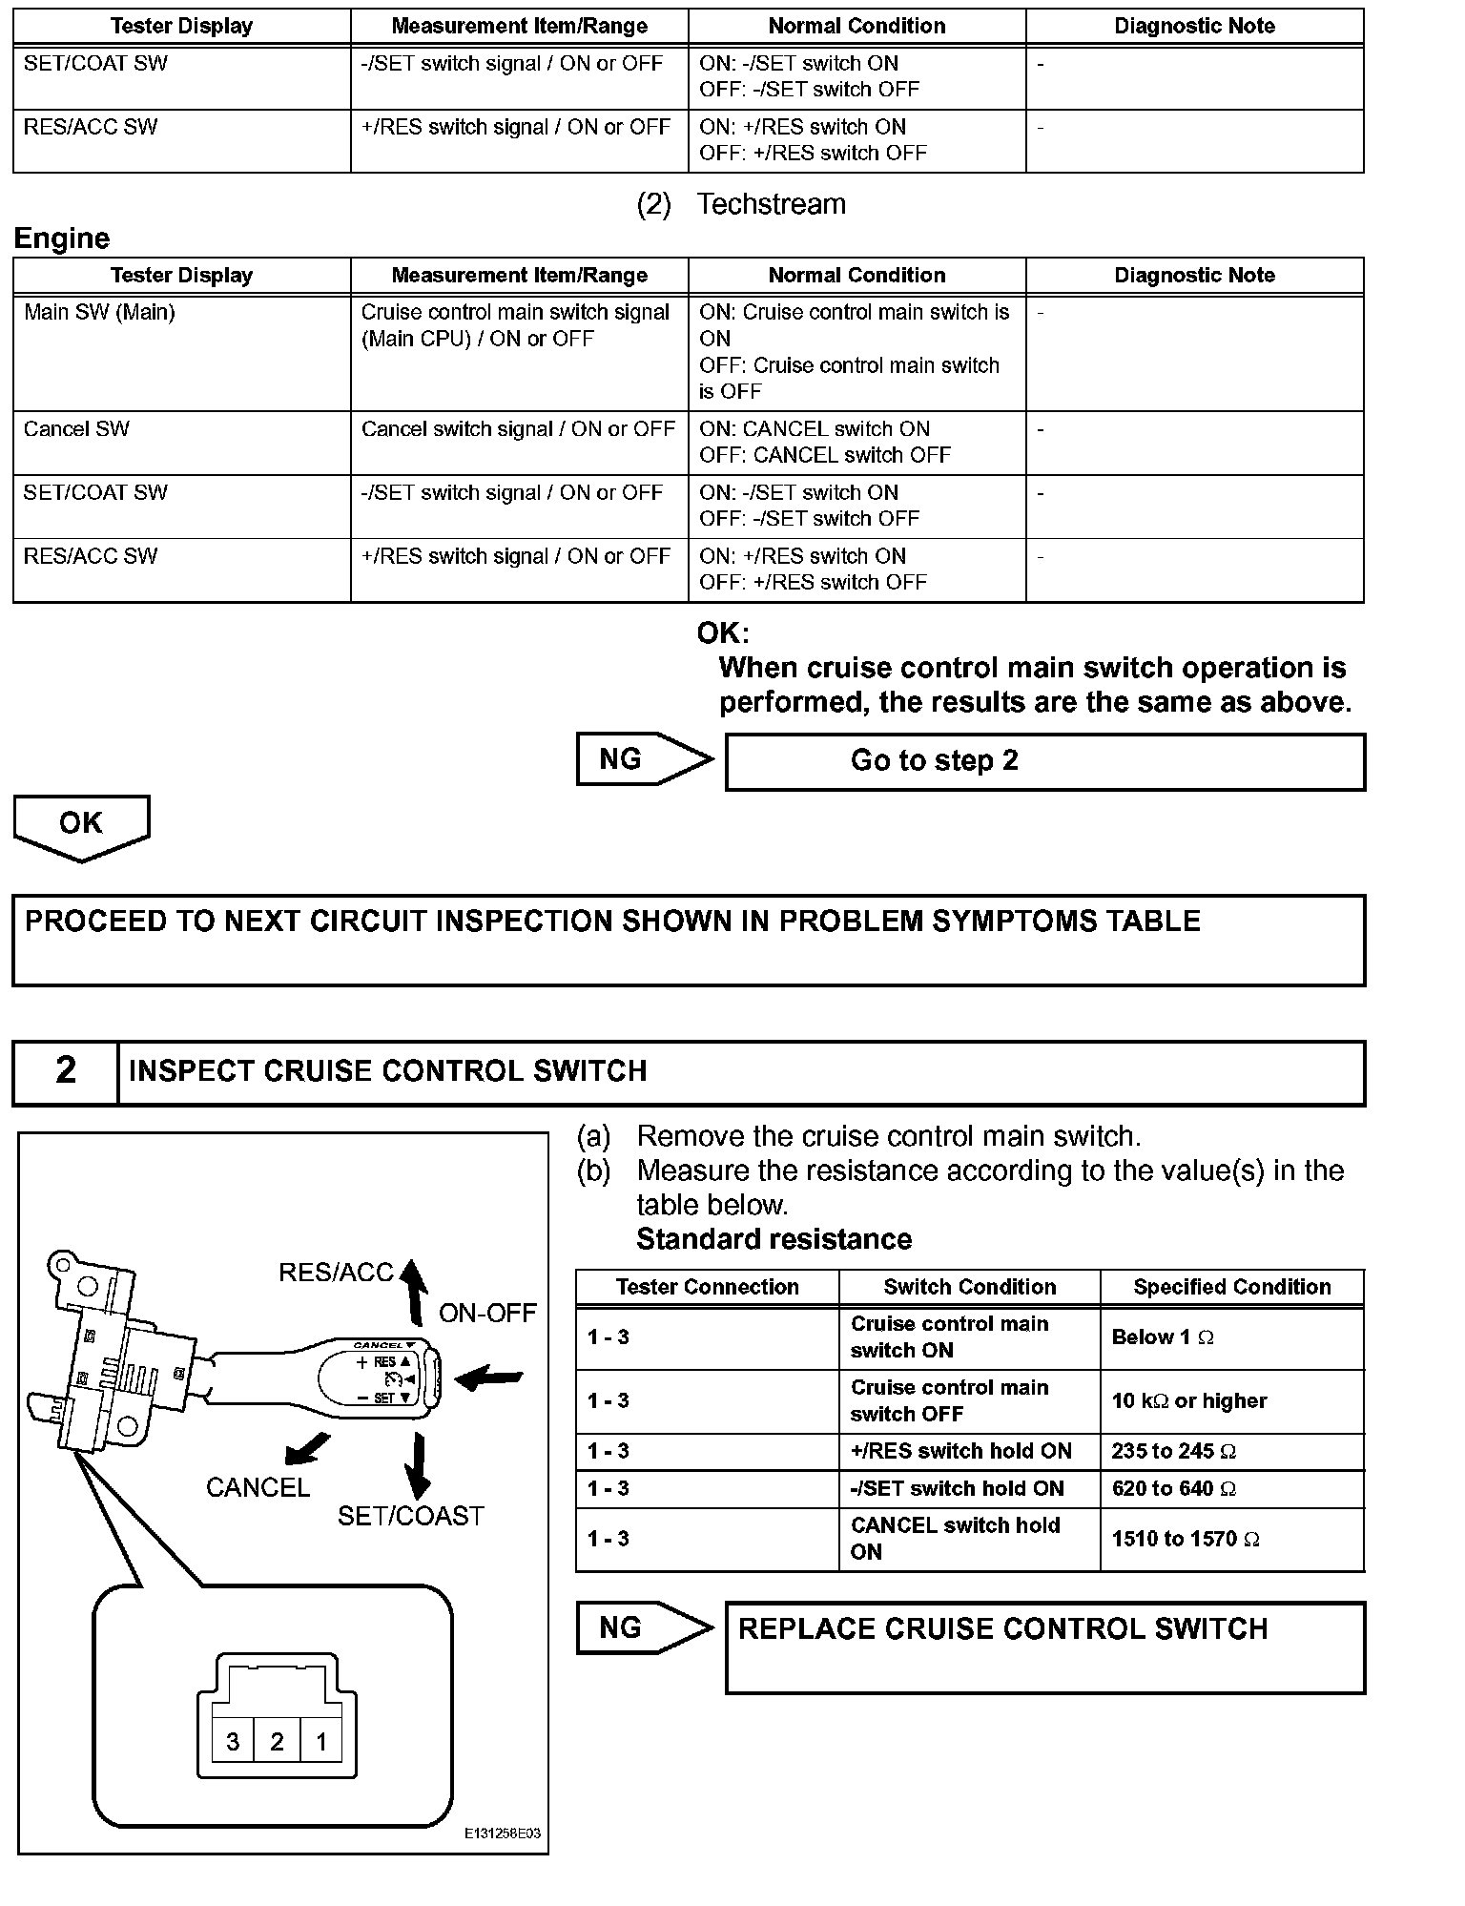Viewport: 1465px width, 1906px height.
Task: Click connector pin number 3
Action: pos(233,1742)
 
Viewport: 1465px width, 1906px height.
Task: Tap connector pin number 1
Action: pos(321,1742)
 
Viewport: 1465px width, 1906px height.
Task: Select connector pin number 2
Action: pos(277,1742)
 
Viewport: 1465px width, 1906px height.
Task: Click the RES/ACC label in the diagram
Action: pos(336,1273)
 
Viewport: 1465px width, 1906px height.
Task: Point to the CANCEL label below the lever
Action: pos(258,1487)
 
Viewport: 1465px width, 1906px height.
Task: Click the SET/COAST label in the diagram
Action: pos(410,1516)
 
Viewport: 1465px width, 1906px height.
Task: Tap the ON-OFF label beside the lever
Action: pos(487,1314)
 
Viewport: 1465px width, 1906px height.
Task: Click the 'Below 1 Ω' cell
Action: pos(1163,1337)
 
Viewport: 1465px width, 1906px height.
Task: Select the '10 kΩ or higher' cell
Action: pos(1188,1400)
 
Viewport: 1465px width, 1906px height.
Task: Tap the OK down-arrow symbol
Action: pos(81,826)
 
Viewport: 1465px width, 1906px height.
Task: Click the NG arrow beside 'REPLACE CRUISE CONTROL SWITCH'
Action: pos(644,1627)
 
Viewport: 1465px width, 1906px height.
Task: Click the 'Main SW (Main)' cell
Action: pos(99,312)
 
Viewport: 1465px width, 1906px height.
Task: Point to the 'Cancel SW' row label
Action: pos(76,429)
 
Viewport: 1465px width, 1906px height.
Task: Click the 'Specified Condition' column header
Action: pos(1231,1287)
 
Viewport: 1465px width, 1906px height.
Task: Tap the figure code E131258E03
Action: pos(502,1833)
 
